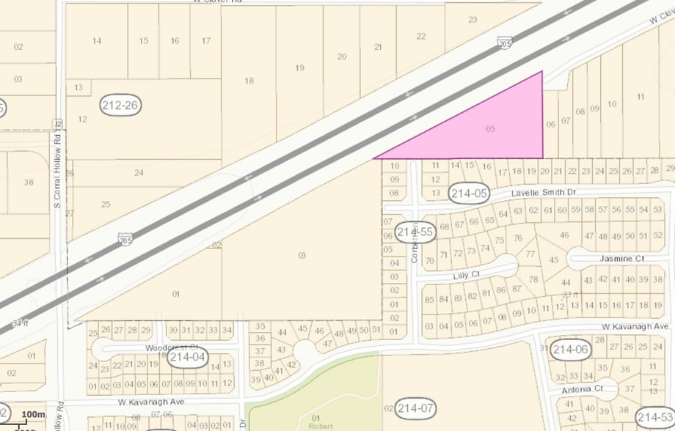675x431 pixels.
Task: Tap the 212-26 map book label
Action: [x=121, y=106]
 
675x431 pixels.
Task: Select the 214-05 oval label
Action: [x=469, y=193]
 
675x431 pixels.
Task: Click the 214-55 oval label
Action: [x=415, y=232]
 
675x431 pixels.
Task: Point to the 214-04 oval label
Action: [x=185, y=358]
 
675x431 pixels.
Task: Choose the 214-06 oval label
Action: [x=571, y=350]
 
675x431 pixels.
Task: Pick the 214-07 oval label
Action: [x=415, y=408]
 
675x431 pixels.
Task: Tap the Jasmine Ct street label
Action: [x=621, y=259]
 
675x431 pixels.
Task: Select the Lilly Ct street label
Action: [x=466, y=274]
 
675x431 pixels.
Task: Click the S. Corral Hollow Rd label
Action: [x=57, y=169]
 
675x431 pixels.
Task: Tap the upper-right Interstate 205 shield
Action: [x=505, y=43]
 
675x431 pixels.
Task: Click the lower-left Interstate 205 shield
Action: [x=125, y=238]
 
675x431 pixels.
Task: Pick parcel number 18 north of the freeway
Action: [x=249, y=81]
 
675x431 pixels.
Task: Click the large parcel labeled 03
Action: [x=302, y=255]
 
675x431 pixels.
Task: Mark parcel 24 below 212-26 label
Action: [x=139, y=172]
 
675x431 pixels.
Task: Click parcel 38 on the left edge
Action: [x=29, y=182]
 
